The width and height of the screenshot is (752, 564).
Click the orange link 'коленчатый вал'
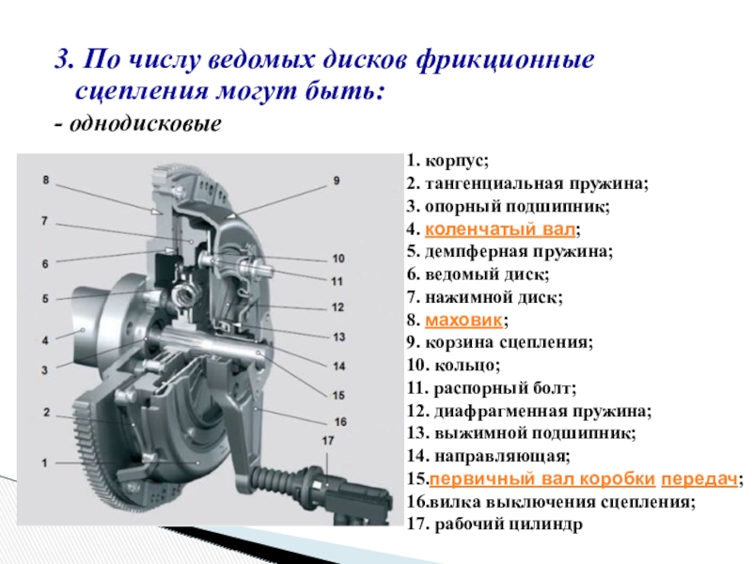click(500, 229)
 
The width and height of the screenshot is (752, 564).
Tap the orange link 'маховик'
click(463, 320)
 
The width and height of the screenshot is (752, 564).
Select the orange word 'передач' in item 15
click(699, 479)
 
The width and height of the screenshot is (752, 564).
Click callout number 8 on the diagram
click(45, 180)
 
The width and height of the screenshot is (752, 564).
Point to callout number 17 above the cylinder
click(328, 440)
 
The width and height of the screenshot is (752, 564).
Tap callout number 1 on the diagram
click(44, 463)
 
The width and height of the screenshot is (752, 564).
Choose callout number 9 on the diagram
click(337, 180)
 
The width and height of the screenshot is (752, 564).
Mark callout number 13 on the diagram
click(339, 337)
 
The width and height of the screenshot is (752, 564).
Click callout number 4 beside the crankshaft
click(45, 341)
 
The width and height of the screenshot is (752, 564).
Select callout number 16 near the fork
click(340, 422)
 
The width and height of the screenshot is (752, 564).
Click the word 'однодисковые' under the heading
click(146, 125)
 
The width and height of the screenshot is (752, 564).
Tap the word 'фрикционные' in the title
click(506, 61)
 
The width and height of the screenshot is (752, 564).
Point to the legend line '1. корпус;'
click(448, 161)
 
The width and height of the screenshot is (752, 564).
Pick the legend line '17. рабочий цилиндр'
click(495, 525)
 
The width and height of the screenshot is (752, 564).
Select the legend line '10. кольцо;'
click(454, 366)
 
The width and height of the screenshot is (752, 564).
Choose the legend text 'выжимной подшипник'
click(534, 433)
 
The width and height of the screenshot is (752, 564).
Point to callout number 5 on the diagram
click(45, 299)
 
